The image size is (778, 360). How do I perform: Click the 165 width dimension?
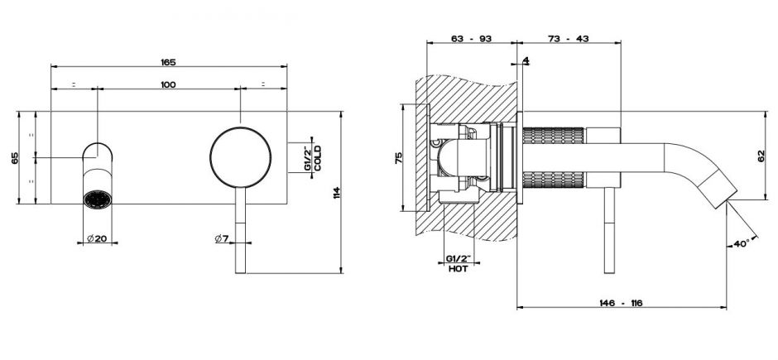click(x=168, y=62)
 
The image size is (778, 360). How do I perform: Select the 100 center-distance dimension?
click(x=168, y=84)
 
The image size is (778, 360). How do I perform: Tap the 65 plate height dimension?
click(x=15, y=158)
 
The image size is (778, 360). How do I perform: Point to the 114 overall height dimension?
click(x=337, y=192)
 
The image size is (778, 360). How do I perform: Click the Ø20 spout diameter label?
click(x=98, y=238)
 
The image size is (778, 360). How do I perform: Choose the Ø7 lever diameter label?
click(x=222, y=238)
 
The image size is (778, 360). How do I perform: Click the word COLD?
click(x=318, y=158)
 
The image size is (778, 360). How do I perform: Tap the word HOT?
click(x=458, y=269)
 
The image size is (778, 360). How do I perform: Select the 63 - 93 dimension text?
click(x=472, y=39)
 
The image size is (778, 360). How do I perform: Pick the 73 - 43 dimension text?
click(x=569, y=39)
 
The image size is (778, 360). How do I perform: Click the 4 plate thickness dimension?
click(x=526, y=60)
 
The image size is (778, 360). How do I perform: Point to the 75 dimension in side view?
click(x=398, y=158)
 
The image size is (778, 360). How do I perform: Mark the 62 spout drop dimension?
click(x=762, y=156)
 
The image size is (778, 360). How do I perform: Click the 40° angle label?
click(x=742, y=244)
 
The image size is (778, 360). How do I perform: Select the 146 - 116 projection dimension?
click(x=621, y=303)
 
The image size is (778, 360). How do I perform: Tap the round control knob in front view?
click(x=241, y=158)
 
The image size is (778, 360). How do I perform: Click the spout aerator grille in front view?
click(x=98, y=199)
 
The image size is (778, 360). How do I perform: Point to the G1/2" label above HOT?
click(x=458, y=259)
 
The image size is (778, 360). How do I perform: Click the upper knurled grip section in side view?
click(x=554, y=136)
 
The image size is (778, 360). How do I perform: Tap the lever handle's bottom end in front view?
click(x=241, y=272)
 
